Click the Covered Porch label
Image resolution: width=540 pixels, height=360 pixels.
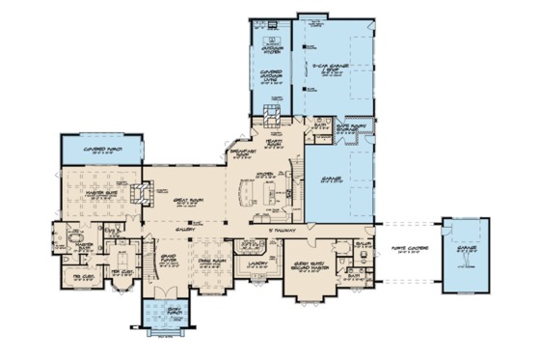point(101,151)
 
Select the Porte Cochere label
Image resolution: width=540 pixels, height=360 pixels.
point(402,250)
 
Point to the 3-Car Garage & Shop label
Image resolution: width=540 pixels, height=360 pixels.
point(329,68)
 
